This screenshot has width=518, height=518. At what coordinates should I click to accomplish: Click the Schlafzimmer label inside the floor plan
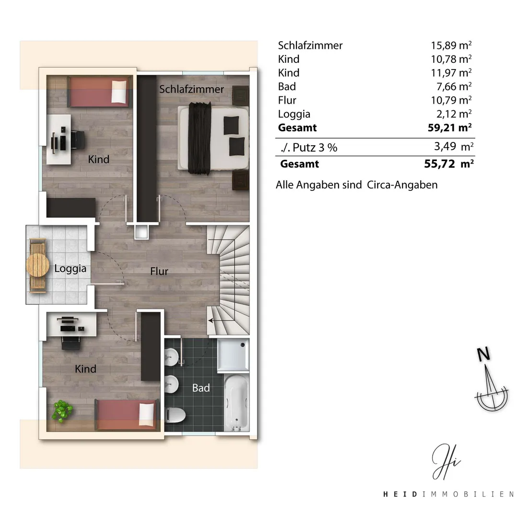[191, 89]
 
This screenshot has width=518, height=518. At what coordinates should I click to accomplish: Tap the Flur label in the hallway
[159, 271]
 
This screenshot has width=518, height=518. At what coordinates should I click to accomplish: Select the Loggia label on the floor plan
[71, 269]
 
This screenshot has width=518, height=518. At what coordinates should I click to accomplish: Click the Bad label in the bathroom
[201, 388]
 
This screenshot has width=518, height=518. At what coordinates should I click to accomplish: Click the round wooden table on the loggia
[37, 266]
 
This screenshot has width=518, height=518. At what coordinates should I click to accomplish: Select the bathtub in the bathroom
[236, 403]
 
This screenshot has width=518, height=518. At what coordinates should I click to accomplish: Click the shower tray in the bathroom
[233, 355]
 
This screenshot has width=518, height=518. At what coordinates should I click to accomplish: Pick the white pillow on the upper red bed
[119, 92]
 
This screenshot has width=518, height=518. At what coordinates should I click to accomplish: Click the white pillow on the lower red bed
[147, 414]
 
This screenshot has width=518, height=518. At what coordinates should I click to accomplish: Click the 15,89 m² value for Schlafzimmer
[451, 45]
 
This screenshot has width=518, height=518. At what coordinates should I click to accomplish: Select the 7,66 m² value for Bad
[454, 86]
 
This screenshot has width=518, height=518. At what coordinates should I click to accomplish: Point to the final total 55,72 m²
[449, 164]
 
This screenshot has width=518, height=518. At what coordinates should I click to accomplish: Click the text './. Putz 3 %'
[309, 147]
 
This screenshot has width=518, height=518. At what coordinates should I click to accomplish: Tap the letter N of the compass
[483, 355]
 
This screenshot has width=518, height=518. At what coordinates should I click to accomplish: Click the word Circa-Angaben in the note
[402, 185]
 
